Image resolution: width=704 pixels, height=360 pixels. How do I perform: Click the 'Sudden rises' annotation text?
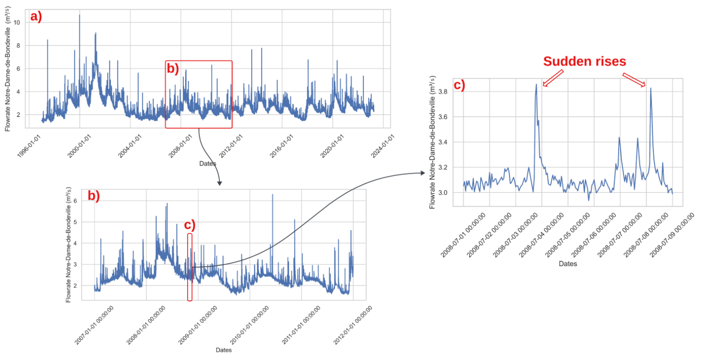pos(584,62)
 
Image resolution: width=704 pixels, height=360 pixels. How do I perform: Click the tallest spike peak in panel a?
pos(79,15)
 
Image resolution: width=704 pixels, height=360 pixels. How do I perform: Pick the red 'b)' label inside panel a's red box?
pos(172,69)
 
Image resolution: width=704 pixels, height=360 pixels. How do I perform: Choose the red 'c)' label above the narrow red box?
pos(190,225)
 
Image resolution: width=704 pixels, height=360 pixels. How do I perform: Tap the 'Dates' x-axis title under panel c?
pos(567,264)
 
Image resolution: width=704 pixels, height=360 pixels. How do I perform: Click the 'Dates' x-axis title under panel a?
pos(207,163)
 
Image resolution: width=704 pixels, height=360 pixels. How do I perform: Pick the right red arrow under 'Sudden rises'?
pos(634,80)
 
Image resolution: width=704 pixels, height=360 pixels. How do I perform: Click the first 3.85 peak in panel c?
pos(536,85)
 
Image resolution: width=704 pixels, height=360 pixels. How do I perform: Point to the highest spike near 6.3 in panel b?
pos(273,195)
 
